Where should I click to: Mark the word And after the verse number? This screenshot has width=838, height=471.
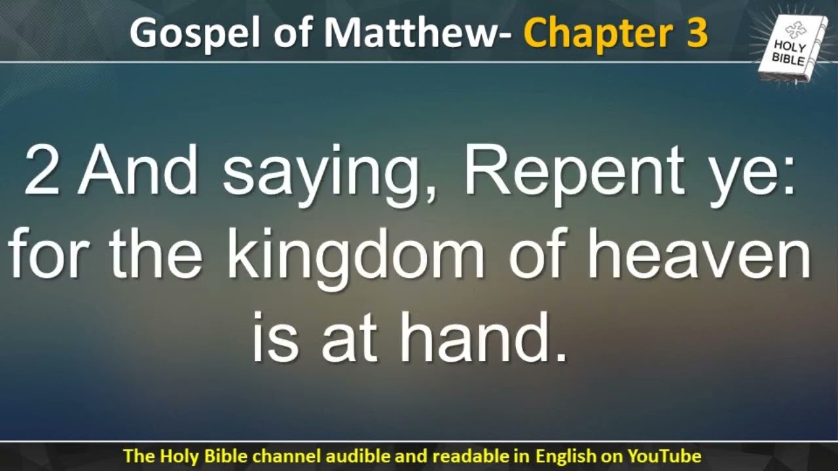(137, 171)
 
